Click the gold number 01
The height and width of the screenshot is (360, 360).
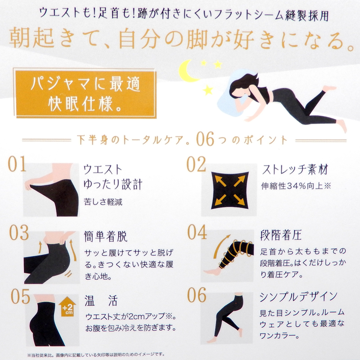(x=17, y=164)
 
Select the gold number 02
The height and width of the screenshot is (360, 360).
(x=196, y=164)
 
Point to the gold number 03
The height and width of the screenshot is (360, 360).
(x=19, y=233)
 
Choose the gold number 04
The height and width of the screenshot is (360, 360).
(x=197, y=232)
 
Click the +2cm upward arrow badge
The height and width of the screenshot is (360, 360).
(x=67, y=306)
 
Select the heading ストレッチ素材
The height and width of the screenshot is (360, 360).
(x=295, y=170)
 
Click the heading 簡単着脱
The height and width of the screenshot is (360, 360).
(x=106, y=236)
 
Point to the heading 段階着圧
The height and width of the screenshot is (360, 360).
(x=281, y=235)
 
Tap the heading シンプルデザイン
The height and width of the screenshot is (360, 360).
(x=298, y=297)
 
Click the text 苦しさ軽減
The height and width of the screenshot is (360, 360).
(x=103, y=202)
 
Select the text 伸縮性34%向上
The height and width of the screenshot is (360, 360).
(x=292, y=186)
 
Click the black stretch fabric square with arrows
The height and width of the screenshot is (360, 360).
(x=230, y=190)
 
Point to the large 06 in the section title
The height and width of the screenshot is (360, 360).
(x=205, y=139)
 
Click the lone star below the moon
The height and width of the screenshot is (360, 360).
(x=208, y=90)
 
